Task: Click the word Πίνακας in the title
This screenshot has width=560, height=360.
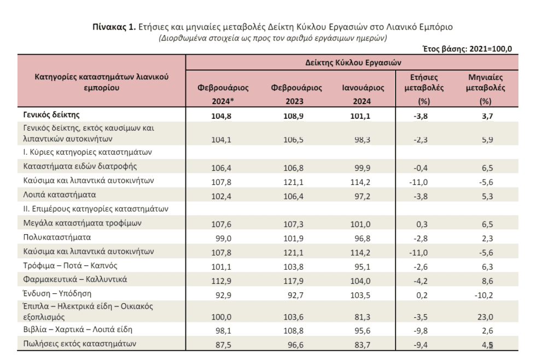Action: (x=109, y=27)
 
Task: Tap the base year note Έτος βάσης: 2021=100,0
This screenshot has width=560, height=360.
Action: (x=467, y=49)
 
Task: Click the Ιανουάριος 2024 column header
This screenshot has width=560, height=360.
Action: (x=363, y=94)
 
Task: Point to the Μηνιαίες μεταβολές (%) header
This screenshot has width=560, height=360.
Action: (x=486, y=89)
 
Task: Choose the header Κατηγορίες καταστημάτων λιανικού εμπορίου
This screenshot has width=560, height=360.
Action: (x=101, y=82)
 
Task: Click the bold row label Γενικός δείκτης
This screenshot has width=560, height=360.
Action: (x=51, y=115)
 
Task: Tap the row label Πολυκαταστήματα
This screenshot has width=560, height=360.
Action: (x=57, y=237)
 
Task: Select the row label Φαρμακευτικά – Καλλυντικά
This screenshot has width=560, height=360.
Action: (x=75, y=279)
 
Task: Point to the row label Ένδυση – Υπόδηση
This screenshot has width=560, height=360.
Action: (x=57, y=294)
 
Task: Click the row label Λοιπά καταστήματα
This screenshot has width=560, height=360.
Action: (x=60, y=195)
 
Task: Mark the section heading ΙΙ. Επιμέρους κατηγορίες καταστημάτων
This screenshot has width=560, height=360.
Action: (x=96, y=209)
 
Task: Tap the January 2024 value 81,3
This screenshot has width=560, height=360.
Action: (x=363, y=317)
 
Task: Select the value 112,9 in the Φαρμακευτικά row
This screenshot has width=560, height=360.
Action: (x=221, y=281)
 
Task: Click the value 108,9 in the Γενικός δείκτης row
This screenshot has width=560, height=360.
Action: (x=293, y=116)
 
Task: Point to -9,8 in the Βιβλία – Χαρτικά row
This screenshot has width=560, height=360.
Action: (x=421, y=330)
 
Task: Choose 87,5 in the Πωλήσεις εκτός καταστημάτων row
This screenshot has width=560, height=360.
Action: (x=223, y=345)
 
